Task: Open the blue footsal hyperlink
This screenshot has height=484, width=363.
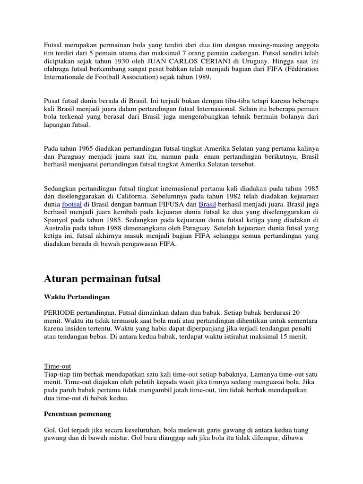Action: (x=72, y=204)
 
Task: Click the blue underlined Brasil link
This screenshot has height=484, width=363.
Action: (x=207, y=204)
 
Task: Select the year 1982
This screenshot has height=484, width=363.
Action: (x=227, y=196)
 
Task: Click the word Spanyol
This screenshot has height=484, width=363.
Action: (x=56, y=220)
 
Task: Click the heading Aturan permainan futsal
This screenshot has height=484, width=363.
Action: (x=102, y=279)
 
